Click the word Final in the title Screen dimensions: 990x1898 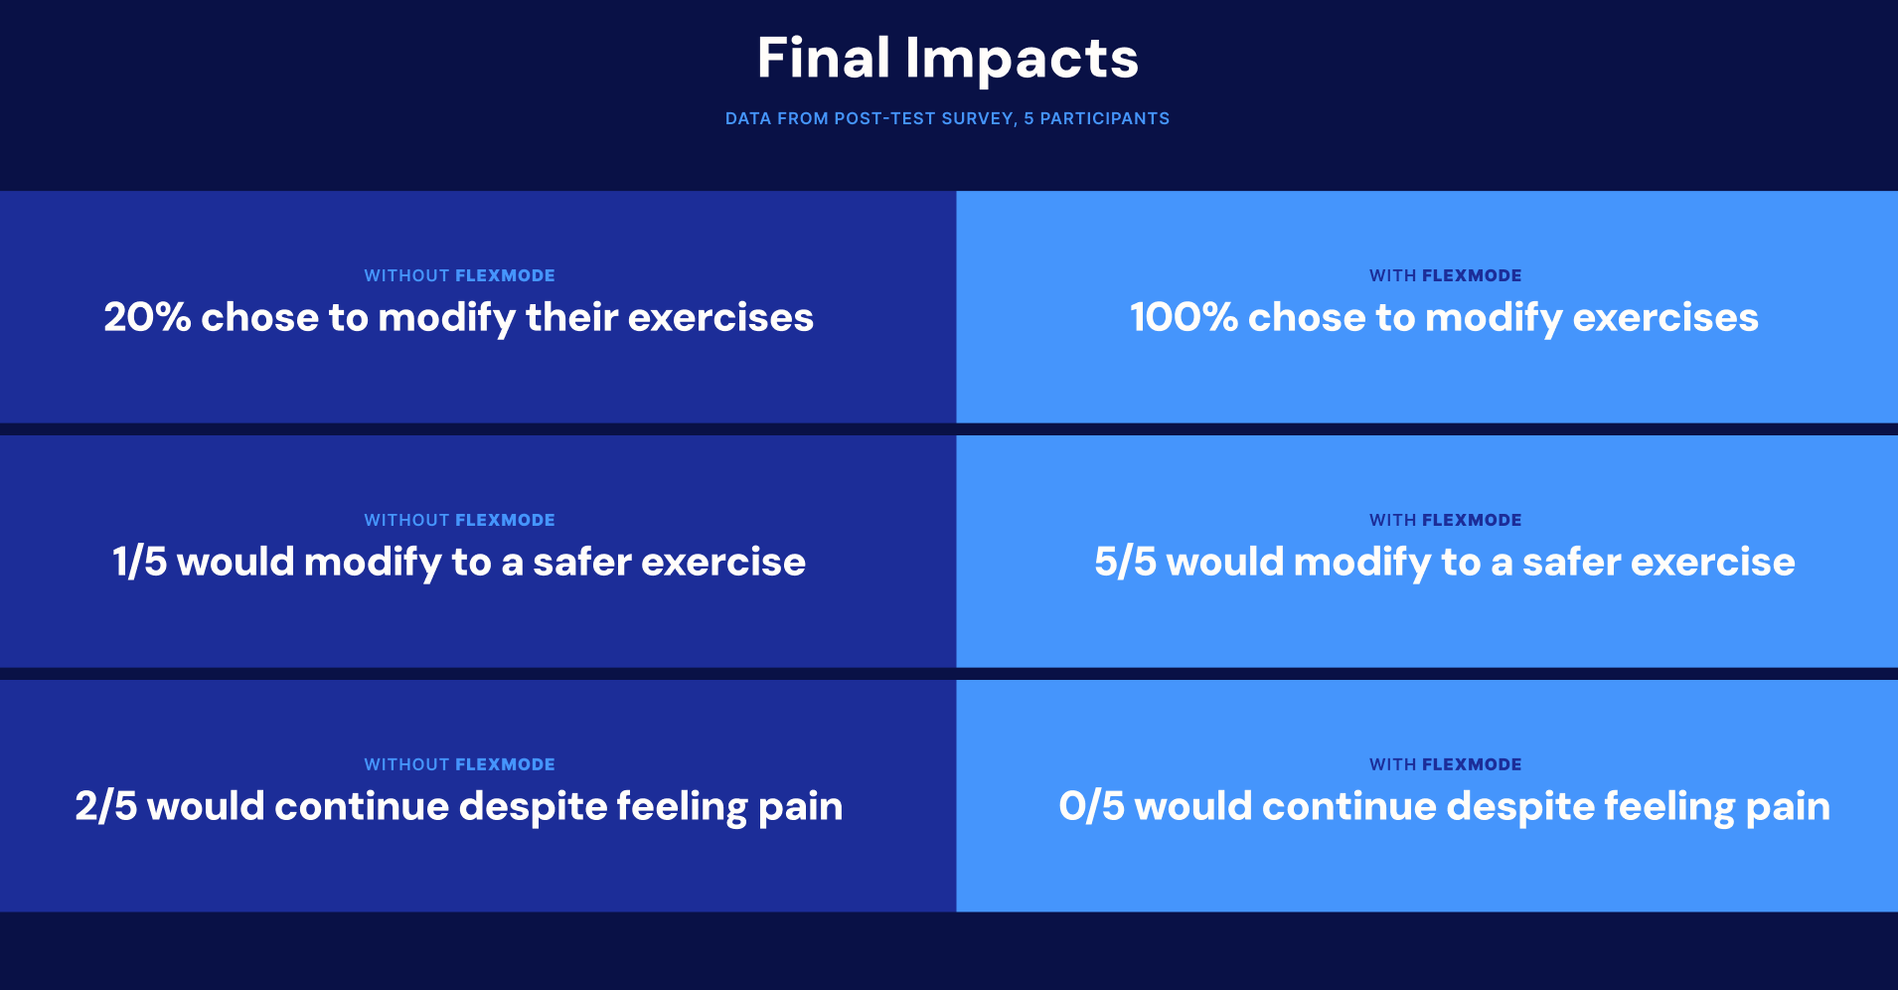[x=823, y=59]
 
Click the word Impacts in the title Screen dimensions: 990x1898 [x=1022, y=59]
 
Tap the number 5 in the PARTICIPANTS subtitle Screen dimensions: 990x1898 [x=1028, y=118]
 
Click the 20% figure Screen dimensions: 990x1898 [x=147, y=318]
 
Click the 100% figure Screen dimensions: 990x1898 [x=1183, y=318]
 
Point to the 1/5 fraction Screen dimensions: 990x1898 [x=139, y=563]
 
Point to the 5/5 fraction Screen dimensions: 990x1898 [x=1125, y=563]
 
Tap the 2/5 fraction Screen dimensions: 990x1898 [x=105, y=807]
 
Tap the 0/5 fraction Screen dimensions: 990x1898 [x=1091, y=807]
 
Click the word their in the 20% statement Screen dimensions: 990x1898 [x=571, y=318]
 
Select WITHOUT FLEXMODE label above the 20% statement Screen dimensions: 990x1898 [x=459, y=275]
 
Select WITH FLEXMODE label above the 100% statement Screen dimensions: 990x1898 [x=1445, y=275]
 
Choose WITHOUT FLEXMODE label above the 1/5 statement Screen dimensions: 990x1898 [x=459, y=520]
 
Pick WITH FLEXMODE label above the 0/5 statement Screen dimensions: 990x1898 [x=1445, y=764]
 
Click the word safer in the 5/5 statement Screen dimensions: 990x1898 [x=1571, y=563]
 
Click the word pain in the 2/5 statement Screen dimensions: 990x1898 [x=800, y=807]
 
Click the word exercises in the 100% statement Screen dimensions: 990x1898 [x=1665, y=318]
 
